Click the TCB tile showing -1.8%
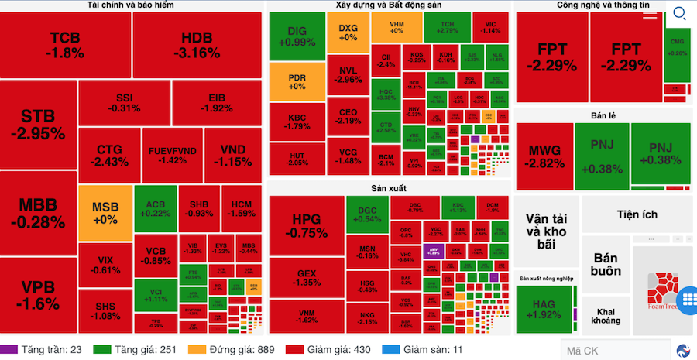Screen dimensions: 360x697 [x=66, y=45]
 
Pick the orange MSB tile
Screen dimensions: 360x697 [x=105, y=213]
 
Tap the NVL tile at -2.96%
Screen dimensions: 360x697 [x=349, y=74]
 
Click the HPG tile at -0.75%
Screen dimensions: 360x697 [x=306, y=225]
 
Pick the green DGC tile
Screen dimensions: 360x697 [x=367, y=214]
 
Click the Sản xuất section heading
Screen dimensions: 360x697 [x=388, y=188]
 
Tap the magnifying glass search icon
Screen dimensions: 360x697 [x=679, y=13]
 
